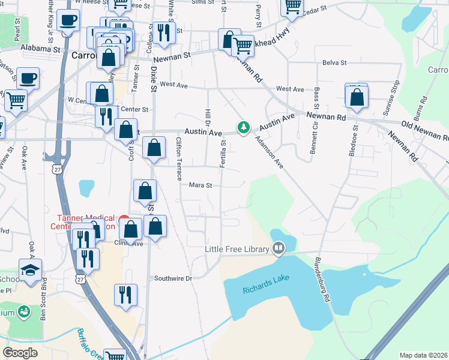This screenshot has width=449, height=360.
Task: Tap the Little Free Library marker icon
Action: pyautogui.click(x=279, y=248)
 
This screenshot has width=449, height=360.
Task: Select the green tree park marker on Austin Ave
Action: pyautogui.click(x=243, y=127)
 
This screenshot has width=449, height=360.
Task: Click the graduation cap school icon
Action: pyautogui.click(x=29, y=271)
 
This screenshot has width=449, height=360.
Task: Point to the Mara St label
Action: pyautogui.click(x=201, y=185)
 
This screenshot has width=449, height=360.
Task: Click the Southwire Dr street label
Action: pyautogui.click(x=172, y=278)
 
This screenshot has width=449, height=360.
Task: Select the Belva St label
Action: pyautogui.click(x=334, y=62)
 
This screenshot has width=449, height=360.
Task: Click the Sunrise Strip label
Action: pyautogui.click(x=390, y=97)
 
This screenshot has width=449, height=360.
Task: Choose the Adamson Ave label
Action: pyautogui.click(x=269, y=151)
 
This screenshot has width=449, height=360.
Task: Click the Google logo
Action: pyautogui.click(x=20, y=353)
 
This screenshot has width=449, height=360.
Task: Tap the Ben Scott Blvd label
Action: pyautogui.click(x=43, y=307)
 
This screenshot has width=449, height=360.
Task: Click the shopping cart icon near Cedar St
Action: pyautogui.click(x=292, y=7)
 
